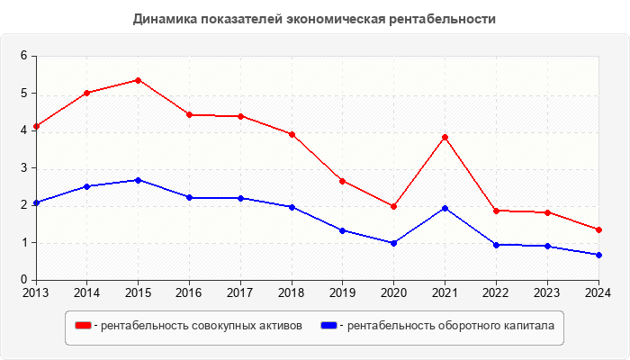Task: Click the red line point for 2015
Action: pos(138,80)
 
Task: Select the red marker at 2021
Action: pos(445,138)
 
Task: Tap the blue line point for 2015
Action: pos(138,180)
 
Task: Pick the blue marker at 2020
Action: pos(393,243)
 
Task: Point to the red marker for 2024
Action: pos(598,229)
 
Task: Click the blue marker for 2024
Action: pos(598,255)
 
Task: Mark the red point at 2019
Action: pos(342,181)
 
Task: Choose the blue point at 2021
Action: pos(445,208)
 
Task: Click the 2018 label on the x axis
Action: pos(291,292)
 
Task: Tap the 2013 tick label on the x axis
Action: pos(36,292)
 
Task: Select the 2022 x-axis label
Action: pos(496,292)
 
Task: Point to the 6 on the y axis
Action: pos(24,56)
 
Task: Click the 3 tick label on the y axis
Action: pos(24,167)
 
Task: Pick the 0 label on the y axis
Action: pos(24,280)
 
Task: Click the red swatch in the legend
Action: pos(83,325)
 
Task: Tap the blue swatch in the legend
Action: pos(328,325)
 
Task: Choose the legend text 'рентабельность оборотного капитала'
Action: pos(450,325)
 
